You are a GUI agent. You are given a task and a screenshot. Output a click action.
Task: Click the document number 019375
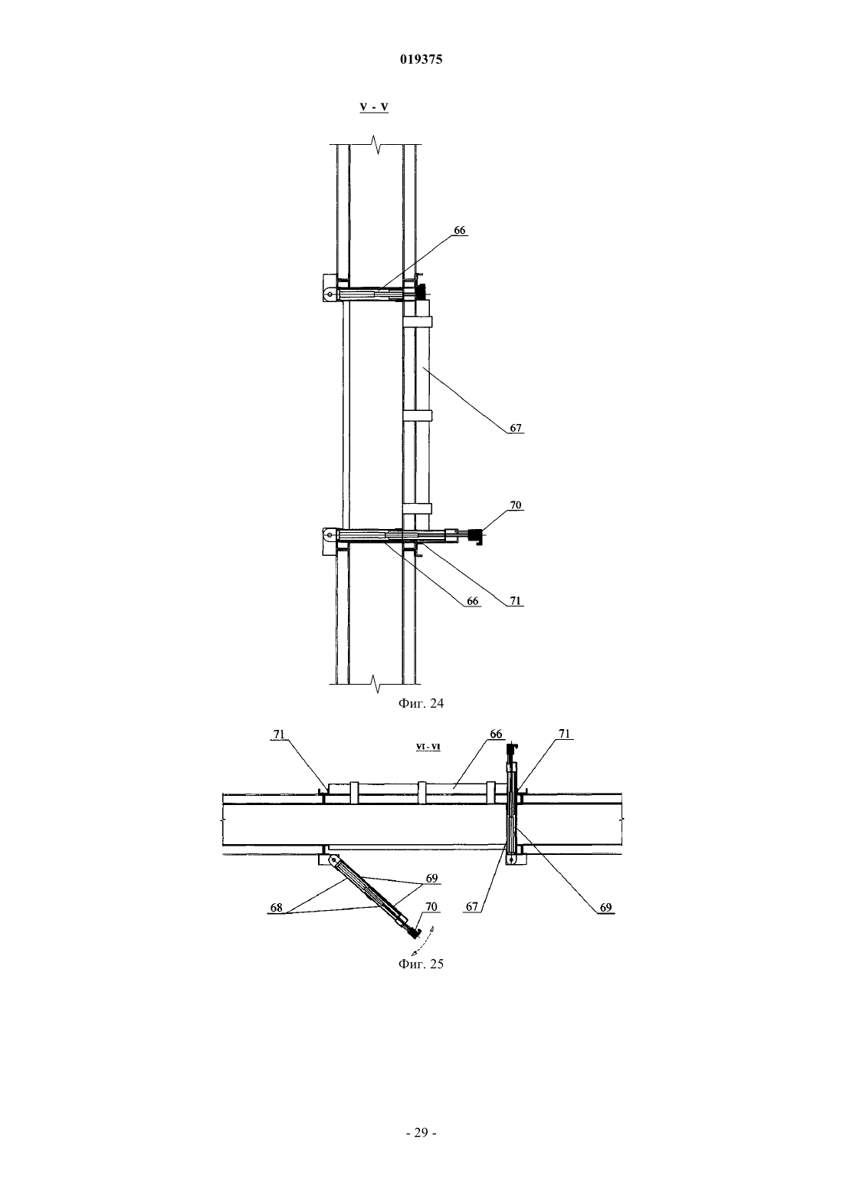pyautogui.click(x=421, y=59)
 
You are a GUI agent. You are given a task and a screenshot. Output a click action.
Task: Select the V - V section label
pyautogui.click(x=374, y=107)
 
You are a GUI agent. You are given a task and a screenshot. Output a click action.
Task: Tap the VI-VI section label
pyautogui.click(x=428, y=747)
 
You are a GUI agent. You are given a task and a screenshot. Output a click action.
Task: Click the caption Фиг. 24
pyautogui.click(x=421, y=703)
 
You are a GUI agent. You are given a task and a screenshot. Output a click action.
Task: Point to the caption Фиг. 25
pyautogui.click(x=421, y=964)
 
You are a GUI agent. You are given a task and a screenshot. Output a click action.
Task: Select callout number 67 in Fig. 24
pyautogui.click(x=515, y=428)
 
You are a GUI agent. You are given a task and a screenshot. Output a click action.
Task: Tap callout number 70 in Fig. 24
pyautogui.click(x=515, y=505)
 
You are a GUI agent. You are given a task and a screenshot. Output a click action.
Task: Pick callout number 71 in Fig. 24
pyautogui.click(x=515, y=601)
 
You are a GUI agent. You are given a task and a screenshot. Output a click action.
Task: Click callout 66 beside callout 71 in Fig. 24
pyautogui.click(x=473, y=601)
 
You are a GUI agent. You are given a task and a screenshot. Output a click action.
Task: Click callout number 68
pyautogui.click(x=276, y=908)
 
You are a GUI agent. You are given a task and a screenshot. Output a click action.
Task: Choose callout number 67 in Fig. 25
pyautogui.click(x=472, y=906)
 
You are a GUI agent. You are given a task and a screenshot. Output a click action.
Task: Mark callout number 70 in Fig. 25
pyautogui.click(x=431, y=906)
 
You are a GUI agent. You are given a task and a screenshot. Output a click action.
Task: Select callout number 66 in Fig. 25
pyautogui.click(x=496, y=734)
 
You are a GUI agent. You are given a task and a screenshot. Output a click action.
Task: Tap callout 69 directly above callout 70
pyautogui.click(x=431, y=878)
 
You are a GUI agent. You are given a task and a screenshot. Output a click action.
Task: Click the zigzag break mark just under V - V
pyautogui.click(x=377, y=144)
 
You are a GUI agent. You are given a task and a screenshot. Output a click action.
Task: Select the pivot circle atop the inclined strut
pyautogui.click(x=333, y=859)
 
